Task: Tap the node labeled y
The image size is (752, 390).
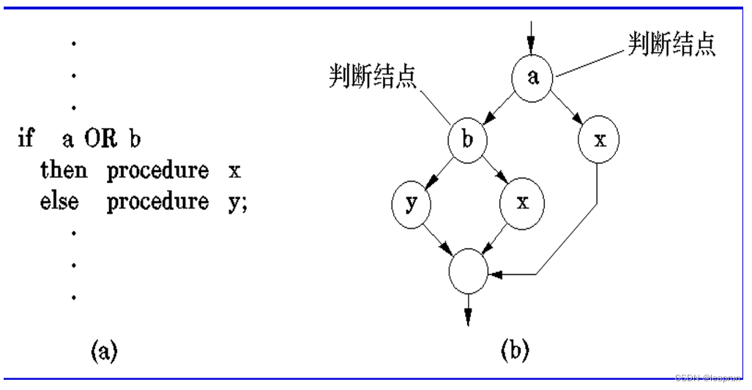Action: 412,203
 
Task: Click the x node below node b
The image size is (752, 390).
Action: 521,203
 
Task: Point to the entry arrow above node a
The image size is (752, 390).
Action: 532,33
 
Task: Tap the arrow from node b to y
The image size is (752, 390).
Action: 439,170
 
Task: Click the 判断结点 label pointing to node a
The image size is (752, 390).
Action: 671,44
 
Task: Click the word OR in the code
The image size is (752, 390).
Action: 100,138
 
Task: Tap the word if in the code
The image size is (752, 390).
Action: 26,138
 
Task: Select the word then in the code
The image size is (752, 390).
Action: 64,170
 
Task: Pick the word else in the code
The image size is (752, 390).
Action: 59,202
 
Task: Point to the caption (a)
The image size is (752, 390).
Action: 103,352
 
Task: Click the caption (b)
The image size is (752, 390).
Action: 515,351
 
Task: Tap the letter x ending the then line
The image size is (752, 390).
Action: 234,172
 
